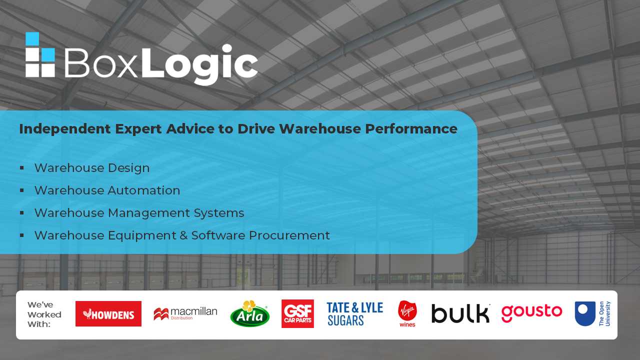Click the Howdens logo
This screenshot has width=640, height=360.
point(108,313)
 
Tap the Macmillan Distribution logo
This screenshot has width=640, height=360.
point(185,313)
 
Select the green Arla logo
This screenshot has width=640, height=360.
point(249,313)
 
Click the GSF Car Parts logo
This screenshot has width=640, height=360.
point(297,313)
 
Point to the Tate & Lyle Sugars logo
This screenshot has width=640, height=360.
point(355,314)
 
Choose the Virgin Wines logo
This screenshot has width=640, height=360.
point(407,313)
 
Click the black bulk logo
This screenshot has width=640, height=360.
point(460,313)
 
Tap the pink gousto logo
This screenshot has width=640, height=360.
point(531,313)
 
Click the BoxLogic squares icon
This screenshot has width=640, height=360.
point(40,54)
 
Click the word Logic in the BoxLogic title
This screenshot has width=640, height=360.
point(199,64)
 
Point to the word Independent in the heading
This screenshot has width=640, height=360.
point(65,129)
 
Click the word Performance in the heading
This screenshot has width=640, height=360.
point(411,129)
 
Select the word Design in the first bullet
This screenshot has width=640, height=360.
point(128,168)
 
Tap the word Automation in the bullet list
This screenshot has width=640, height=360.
point(144,190)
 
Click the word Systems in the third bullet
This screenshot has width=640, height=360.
point(219,213)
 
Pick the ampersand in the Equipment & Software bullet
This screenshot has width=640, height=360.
point(183,235)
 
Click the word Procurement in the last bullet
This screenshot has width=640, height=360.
point(289,235)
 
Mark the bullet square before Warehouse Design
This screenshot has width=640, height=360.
point(22,167)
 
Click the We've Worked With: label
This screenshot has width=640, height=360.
point(44,314)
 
